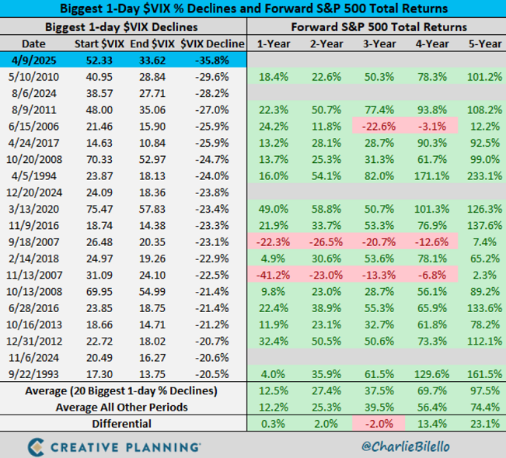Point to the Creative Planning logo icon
(x=36, y=446)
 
